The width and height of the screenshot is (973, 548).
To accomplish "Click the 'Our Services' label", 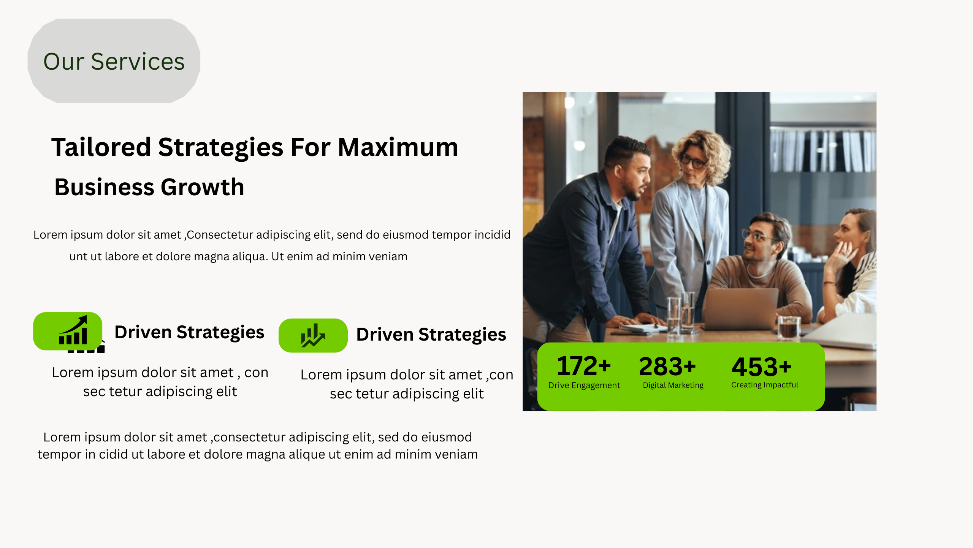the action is (114, 61).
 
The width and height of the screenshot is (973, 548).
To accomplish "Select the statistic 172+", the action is (584, 366).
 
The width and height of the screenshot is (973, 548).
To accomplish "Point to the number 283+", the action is (667, 366).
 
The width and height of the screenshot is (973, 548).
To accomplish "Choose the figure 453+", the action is (762, 367).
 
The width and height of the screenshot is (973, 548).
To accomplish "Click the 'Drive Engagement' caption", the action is (584, 385).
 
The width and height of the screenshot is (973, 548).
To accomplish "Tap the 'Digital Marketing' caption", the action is (673, 385).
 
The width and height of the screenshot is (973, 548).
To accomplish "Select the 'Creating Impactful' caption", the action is (765, 385).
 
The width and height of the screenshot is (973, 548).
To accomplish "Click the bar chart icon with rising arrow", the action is (73, 330).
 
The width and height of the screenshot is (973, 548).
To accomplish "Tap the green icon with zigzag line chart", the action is (313, 335).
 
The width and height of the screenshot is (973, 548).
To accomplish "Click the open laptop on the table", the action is (740, 309).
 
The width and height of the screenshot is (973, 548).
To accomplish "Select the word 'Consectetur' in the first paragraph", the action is (220, 235).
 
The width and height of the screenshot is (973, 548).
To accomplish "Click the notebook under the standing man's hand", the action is (642, 327).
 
